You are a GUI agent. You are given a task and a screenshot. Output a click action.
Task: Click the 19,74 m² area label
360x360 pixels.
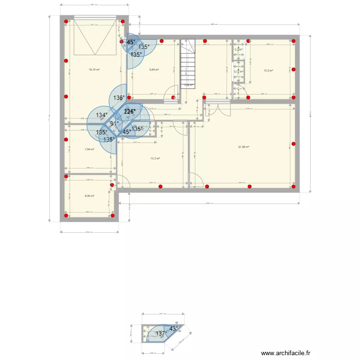click(x=94, y=70)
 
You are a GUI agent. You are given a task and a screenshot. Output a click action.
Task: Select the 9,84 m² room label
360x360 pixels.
click(x=154, y=70)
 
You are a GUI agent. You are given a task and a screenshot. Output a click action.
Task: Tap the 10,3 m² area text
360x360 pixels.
click(x=268, y=71)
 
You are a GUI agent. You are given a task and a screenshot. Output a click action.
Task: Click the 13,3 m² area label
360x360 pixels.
click(x=155, y=158)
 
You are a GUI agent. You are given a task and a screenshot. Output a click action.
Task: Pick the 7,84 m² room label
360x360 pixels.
click(x=89, y=149)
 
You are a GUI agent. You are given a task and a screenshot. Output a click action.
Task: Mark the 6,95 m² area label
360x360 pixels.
click(x=89, y=196)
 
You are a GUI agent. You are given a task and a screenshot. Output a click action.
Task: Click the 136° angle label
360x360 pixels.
click(x=119, y=98)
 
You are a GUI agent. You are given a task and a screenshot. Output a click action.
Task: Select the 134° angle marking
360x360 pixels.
click(x=101, y=115)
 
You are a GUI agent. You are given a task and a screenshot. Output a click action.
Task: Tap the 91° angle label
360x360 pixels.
click(x=114, y=124)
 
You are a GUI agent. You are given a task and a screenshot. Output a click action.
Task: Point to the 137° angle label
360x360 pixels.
click(x=161, y=334)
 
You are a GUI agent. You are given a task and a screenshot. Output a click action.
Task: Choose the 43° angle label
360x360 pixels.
click(x=173, y=329)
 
